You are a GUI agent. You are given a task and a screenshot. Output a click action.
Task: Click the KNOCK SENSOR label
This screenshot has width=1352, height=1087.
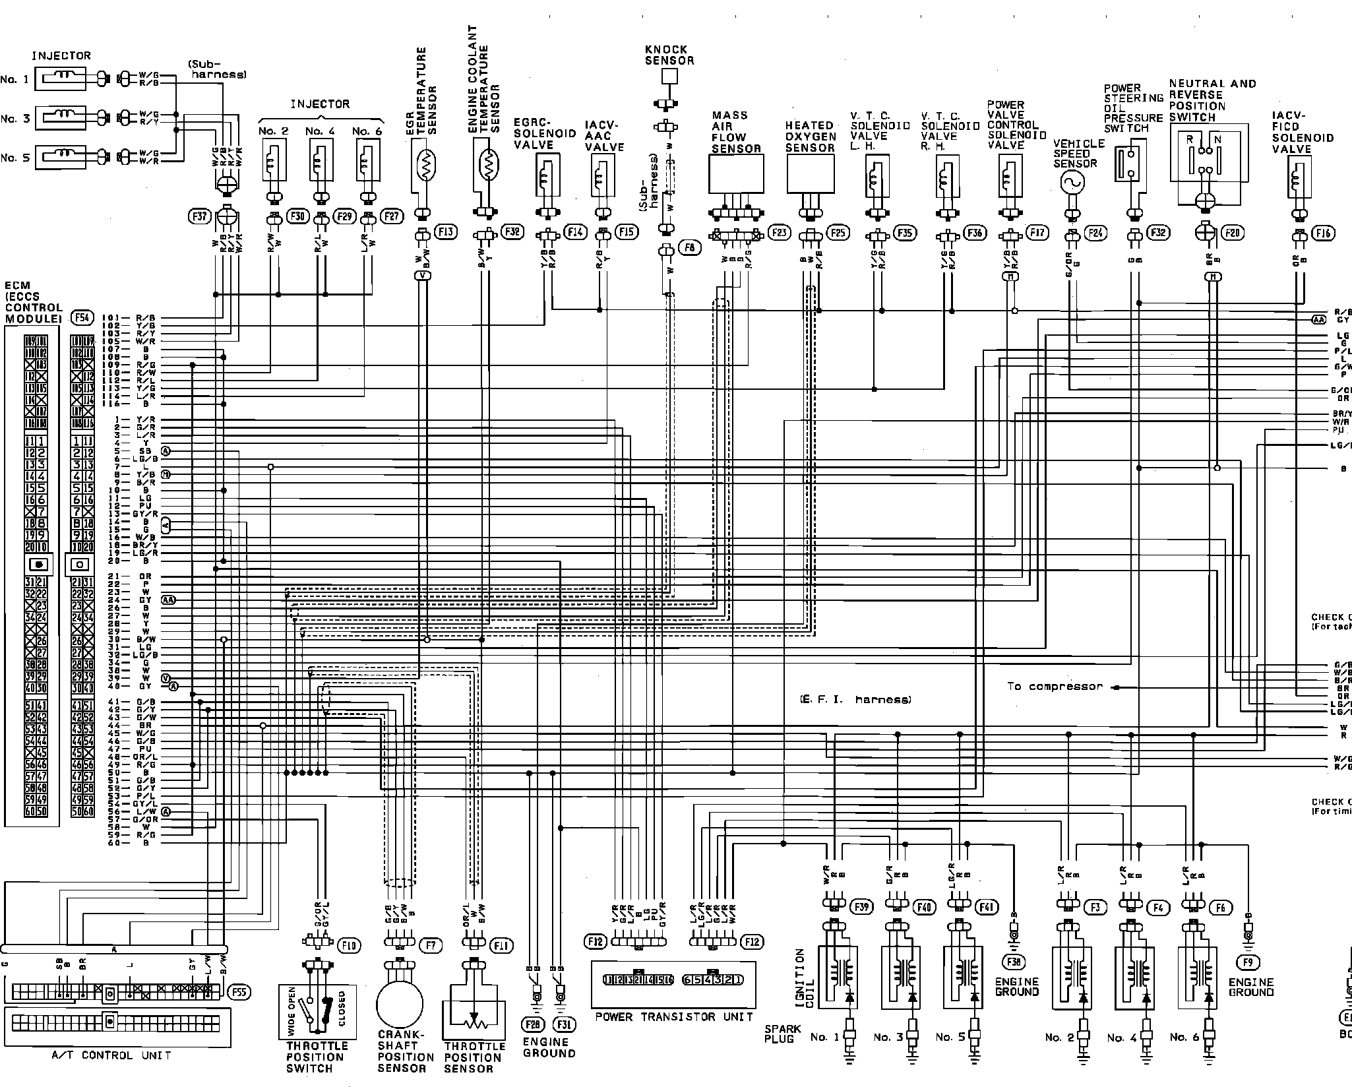click(669, 55)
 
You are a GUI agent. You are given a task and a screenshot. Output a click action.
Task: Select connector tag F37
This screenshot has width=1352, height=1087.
click(199, 216)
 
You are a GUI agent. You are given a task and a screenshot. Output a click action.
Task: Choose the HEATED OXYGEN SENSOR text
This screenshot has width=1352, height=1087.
click(811, 137)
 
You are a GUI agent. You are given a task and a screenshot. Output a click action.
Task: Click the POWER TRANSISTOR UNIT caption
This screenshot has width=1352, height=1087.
click(673, 1016)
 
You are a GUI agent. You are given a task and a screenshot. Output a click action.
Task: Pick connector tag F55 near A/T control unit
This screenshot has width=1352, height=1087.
click(238, 991)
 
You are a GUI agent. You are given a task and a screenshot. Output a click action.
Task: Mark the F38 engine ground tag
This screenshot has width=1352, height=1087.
click(1013, 962)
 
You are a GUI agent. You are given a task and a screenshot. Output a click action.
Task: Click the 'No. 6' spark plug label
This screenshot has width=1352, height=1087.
click(1183, 1038)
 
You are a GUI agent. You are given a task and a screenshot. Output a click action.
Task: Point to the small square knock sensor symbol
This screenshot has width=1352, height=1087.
click(669, 77)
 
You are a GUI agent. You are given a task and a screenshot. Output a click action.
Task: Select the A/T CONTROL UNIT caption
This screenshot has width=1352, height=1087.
click(111, 1055)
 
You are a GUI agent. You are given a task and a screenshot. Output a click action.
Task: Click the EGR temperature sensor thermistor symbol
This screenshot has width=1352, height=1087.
click(425, 163)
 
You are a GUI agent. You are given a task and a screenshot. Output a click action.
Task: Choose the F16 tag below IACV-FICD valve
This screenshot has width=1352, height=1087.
click(1323, 233)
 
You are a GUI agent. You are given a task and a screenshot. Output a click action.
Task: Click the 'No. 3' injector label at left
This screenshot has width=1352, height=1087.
click(15, 119)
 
